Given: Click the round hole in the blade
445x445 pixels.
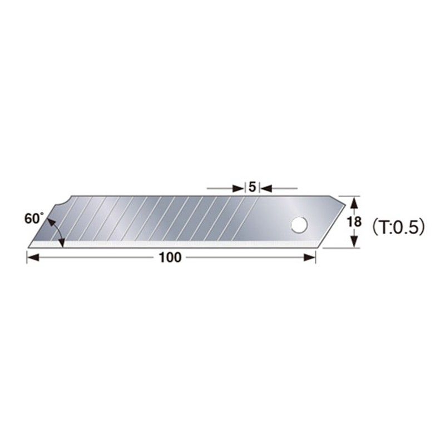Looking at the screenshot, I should pyautogui.click(x=299, y=224).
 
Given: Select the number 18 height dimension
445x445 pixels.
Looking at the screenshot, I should pyautogui.click(x=352, y=222).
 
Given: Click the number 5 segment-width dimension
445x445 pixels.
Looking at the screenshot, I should pyautogui.click(x=253, y=187).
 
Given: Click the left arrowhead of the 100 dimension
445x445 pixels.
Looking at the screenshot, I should pyautogui.click(x=32, y=258).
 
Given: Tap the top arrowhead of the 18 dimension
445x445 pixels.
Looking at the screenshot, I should pyautogui.click(x=352, y=200).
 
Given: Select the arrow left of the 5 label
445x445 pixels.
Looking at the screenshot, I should pyautogui.click(x=240, y=187).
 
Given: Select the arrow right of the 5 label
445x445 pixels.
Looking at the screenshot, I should pyautogui.click(x=266, y=187).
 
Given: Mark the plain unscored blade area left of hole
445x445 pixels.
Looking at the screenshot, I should pyautogui.click(x=273, y=222).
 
